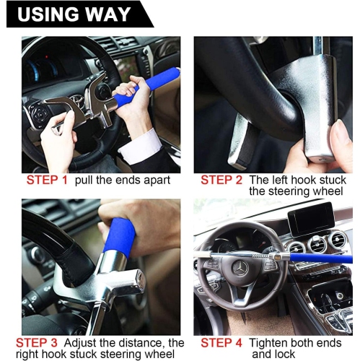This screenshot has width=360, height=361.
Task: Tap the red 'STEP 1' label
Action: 47,180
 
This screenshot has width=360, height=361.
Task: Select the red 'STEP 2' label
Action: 221,180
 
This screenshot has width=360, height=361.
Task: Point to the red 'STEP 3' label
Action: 45,342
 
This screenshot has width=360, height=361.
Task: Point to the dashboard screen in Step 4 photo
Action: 312,219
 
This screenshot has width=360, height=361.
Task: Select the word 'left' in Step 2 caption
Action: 278,180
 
